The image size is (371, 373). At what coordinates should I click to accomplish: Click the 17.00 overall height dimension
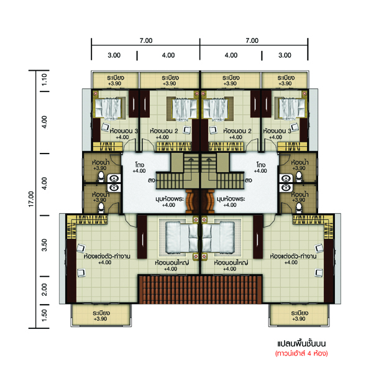click(31, 199)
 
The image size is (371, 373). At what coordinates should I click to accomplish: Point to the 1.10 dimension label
click(44, 80)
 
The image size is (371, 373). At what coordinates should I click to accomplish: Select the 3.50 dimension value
click(44, 246)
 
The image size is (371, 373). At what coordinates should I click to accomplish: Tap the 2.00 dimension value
click(44, 290)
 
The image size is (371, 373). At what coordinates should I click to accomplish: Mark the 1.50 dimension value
click(44, 315)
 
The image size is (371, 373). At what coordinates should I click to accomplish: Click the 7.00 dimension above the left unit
click(146, 40)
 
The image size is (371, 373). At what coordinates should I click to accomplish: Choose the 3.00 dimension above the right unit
click(285, 55)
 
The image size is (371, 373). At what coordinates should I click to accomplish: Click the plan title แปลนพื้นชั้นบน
click(301, 344)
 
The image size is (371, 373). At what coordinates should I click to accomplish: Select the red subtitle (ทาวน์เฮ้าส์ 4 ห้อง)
click(301, 353)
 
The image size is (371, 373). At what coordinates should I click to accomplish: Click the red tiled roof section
click(200, 289)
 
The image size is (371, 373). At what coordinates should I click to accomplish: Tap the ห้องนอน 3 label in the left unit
click(124, 131)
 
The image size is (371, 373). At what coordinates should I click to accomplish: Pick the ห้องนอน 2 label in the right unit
click(237, 131)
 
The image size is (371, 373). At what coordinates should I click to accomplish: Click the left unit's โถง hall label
click(140, 165)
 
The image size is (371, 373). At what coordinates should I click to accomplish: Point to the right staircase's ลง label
click(249, 180)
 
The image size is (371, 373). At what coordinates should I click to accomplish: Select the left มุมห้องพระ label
click(170, 199)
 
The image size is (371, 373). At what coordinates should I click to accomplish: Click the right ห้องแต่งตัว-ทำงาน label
click(293, 256)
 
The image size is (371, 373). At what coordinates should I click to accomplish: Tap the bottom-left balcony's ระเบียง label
click(101, 313)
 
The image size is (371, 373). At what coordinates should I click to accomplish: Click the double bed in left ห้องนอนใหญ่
click(181, 237)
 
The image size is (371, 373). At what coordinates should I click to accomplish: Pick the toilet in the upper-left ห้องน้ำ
click(101, 177)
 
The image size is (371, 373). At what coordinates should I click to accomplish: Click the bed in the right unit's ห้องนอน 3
click(292, 108)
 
